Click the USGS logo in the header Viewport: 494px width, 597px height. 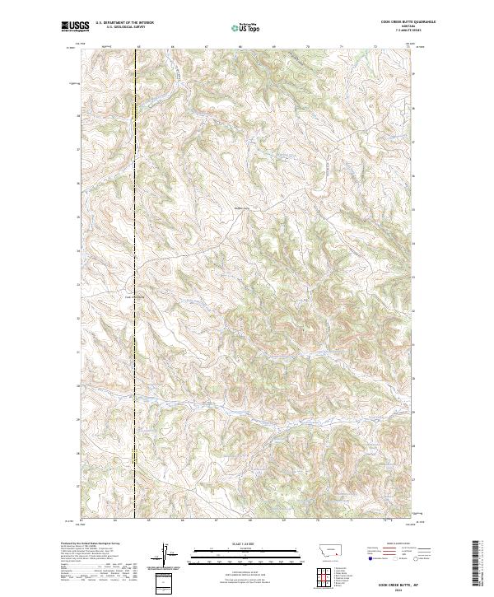73,27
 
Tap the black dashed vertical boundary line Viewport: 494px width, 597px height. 135,247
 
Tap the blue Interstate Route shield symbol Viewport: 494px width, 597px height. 366,567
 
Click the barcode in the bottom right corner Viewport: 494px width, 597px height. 477,563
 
